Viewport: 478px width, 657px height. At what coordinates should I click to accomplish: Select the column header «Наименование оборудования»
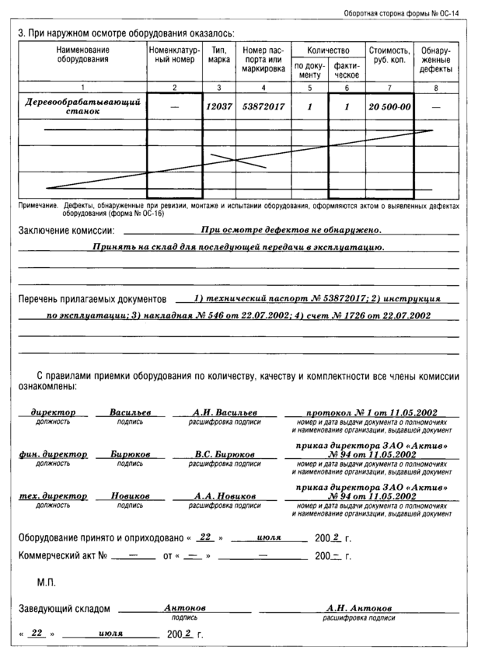[x=82, y=54]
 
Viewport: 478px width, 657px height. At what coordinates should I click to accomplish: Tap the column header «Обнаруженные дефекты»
[x=435, y=60]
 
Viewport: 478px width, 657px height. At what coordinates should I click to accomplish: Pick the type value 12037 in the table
[x=219, y=106]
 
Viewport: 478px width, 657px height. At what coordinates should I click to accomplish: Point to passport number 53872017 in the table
[x=264, y=106]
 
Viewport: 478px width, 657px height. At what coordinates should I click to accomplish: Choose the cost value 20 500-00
[x=390, y=106]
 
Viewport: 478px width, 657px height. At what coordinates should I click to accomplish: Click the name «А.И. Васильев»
[x=225, y=412]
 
